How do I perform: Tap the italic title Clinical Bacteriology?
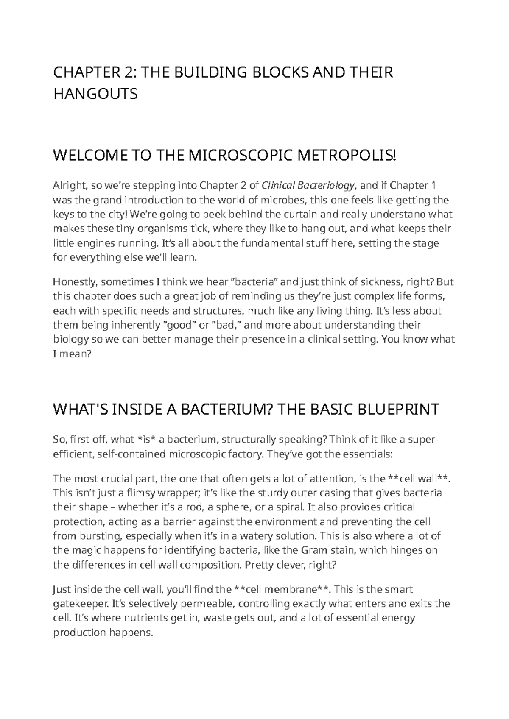coord(309,185)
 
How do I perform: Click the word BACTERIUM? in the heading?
coord(227,410)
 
